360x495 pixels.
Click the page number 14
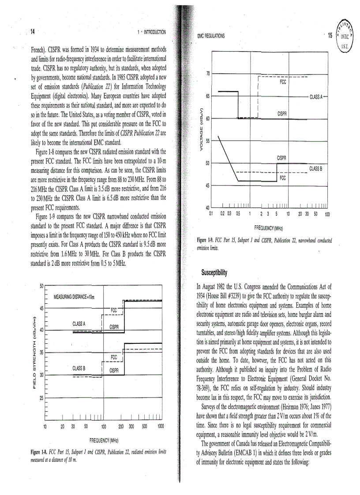click(x=33, y=31)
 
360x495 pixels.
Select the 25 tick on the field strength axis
click(x=41, y=398)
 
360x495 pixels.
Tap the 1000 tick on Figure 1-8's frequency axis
click(x=161, y=425)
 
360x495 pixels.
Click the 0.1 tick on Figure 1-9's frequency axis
click(x=211, y=214)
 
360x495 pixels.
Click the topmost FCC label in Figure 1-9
click(x=282, y=82)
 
